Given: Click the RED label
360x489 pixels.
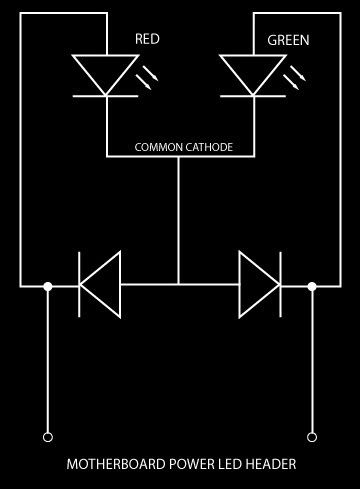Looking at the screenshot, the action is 147,39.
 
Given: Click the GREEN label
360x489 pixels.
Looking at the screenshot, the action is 288,40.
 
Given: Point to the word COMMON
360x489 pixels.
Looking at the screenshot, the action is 158,147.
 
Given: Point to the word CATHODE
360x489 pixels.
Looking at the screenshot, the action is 209,147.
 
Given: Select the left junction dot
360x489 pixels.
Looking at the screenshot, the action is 48,286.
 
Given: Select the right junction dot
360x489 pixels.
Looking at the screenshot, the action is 312,286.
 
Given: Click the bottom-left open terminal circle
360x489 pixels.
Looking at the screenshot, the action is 48,437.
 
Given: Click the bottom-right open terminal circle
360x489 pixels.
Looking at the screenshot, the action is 312,437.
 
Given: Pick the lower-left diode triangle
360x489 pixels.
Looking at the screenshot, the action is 100,285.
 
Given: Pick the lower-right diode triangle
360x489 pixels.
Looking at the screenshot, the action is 259,285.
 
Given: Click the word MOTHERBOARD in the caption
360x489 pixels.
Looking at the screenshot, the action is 116,464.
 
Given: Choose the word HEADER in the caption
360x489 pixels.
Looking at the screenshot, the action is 271,464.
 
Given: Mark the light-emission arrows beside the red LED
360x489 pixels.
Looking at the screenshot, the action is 147,78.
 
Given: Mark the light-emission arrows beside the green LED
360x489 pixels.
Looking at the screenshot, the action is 294,78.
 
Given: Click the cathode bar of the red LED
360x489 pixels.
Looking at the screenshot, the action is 105,96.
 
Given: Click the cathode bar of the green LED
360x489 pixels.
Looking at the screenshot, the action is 253,96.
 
